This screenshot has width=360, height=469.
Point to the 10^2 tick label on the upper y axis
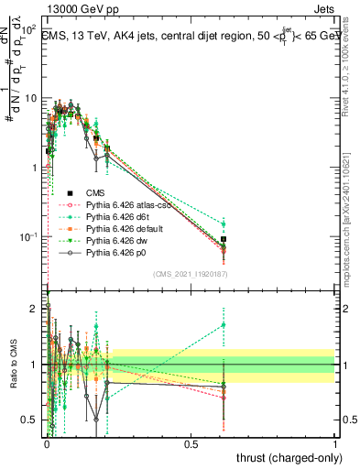tap(28, 29)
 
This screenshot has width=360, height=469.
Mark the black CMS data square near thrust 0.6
tap(224, 239)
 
